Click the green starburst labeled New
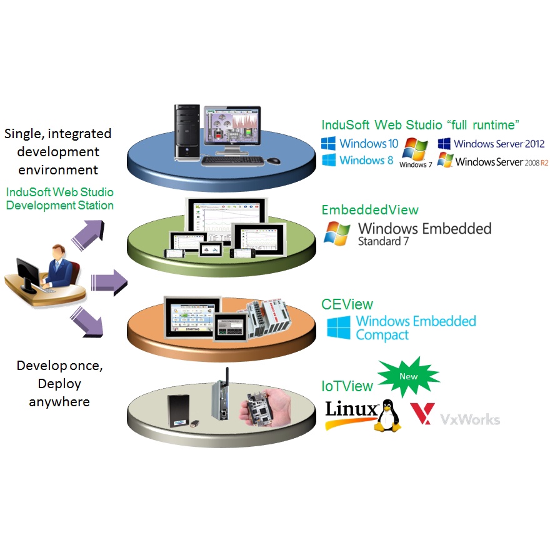coord(409,377)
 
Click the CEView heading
coord(347,304)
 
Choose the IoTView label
coord(347,387)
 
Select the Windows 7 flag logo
coord(416,150)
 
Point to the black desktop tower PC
coord(186,134)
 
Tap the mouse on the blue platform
coord(274,161)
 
